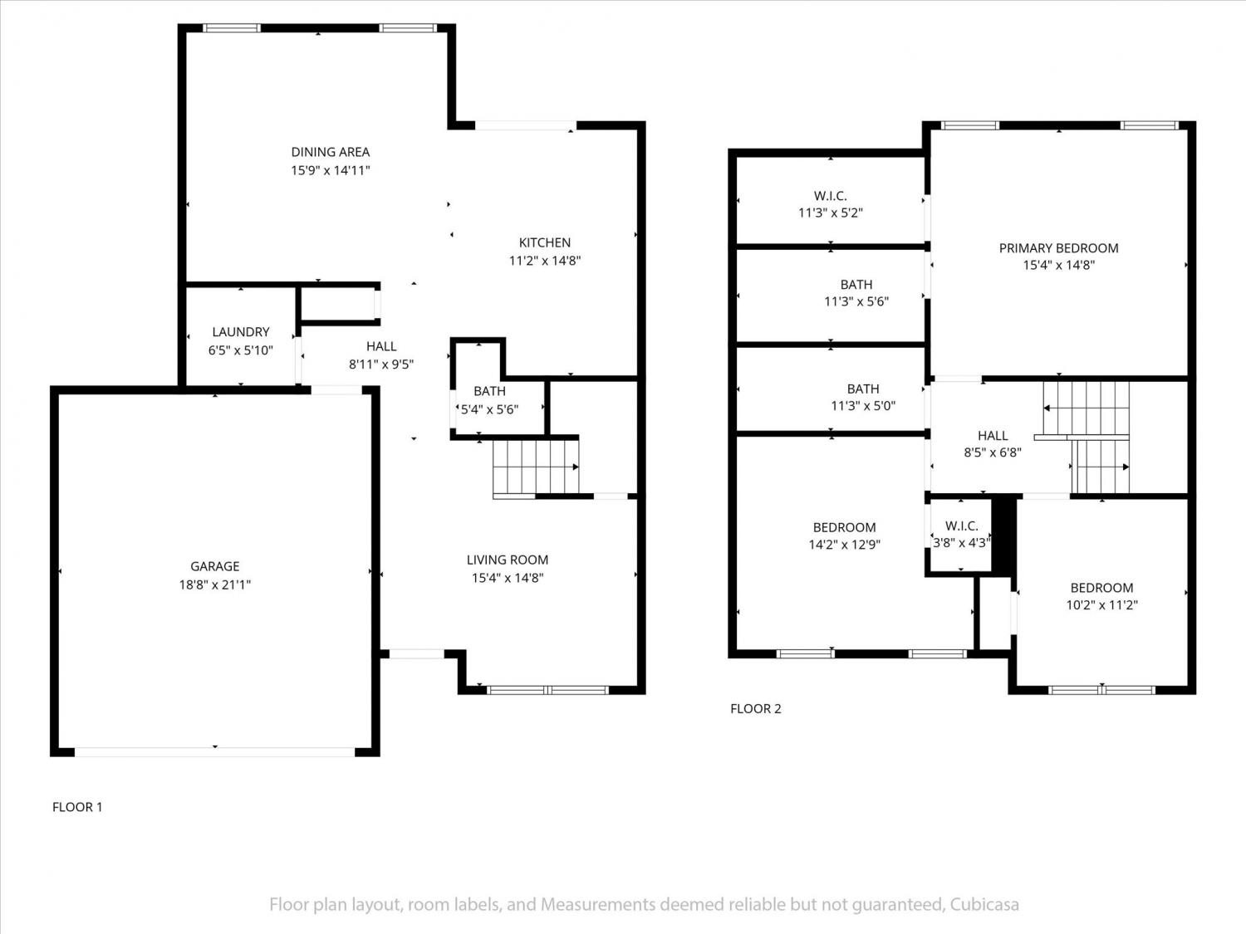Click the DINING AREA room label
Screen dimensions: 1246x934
(x=331, y=152)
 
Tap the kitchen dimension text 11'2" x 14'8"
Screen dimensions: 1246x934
(x=545, y=261)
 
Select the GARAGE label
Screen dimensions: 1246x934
(x=214, y=566)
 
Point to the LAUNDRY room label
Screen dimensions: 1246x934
(x=241, y=332)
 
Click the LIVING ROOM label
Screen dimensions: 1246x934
(x=508, y=560)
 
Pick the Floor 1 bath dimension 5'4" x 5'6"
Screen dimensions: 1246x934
(x=489, y=409)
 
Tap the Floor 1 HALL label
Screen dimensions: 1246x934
(x=381, y=346)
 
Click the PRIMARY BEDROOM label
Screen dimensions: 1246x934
(x=1058, y=247)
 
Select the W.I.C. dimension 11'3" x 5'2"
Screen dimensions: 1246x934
(x=831, y=213)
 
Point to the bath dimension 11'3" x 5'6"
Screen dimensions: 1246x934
(x=856, y=301)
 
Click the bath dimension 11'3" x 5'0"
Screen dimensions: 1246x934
(x=863, y=405)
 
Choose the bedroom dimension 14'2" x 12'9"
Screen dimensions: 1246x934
(x=844, y=545)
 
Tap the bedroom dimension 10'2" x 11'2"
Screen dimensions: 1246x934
(x=1101, y=604)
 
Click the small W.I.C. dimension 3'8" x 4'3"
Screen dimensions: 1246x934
(x=962, y=543)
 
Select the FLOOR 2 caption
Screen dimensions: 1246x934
(x=756, y=708)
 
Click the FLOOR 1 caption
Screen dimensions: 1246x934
(x=77, y=807)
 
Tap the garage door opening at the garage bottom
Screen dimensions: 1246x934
(x=214, y=752)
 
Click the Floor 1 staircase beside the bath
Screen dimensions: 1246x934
(x=536, y=467)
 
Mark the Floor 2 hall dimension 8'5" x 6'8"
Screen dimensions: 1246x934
(x=993, y=452)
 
